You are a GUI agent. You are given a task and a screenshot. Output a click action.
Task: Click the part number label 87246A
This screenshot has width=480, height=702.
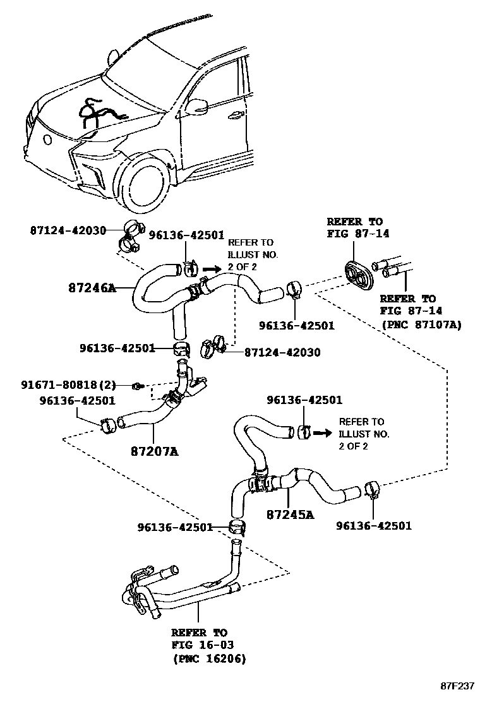coord(92,289)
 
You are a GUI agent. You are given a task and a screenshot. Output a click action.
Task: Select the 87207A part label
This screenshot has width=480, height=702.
coord(155,451)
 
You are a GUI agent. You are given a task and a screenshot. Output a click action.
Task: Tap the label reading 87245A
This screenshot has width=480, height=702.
coord(290,514)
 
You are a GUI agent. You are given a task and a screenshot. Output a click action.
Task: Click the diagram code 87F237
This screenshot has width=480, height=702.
coord(457,686)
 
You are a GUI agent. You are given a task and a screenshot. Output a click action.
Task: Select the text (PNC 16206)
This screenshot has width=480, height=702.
coord(209,658)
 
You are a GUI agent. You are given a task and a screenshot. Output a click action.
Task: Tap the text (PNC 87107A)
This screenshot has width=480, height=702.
coord(421,325)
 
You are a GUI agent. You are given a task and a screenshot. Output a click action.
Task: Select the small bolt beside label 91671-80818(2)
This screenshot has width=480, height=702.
coord(136,385)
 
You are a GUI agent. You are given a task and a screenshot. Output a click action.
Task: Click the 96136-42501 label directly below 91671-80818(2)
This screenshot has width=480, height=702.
coord(77,400)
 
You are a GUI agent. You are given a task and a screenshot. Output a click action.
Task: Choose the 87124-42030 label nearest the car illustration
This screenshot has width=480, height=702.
coord(68,230)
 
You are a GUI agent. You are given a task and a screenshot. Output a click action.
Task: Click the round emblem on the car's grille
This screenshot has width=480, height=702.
coord(47,140)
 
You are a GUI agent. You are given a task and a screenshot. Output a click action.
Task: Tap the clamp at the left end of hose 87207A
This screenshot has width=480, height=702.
coord(107,425)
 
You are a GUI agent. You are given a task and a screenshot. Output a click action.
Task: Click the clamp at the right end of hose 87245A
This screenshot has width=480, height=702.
coord(371,489)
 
